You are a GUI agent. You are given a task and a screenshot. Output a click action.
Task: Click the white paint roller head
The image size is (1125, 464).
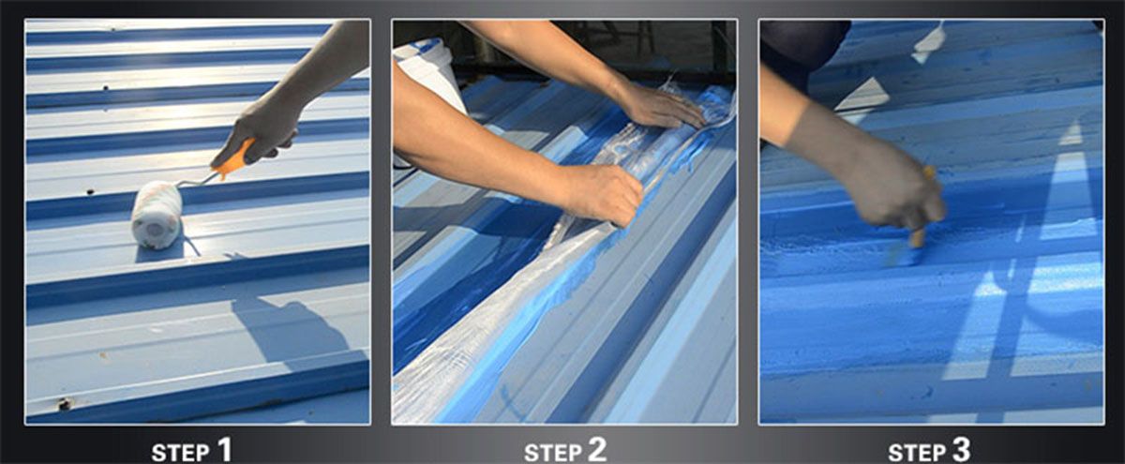pyautogui.click(x=157, y=215)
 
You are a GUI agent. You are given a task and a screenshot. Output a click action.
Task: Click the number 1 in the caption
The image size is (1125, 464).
pyautogui.click(x=224, y=448)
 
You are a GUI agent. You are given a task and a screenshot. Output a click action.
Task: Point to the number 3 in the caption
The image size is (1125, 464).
pyautogui.click(x=960, y=448)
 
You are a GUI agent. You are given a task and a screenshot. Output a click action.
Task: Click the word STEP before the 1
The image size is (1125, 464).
pyautogui.click(x=180, y=453)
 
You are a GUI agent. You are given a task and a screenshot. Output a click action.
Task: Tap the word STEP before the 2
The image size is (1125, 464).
pyautogui.click(x=552, y=453)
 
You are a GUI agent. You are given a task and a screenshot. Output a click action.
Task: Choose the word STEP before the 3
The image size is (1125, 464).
pyautogui.click(x=916, y=453)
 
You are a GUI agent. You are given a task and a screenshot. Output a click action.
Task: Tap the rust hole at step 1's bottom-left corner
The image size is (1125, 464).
pyautogui.click(x=64, y=403)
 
